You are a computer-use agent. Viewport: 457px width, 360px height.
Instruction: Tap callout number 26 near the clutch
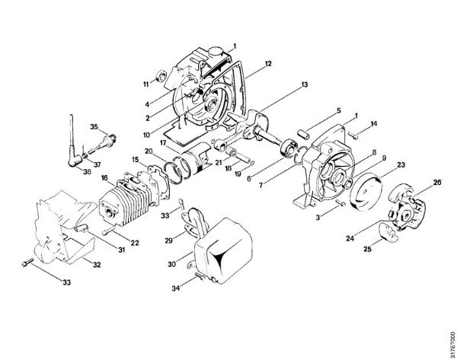tap(437, 183)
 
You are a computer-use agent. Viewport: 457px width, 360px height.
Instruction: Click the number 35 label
tap(94, 126)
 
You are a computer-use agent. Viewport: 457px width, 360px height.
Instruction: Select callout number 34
tap(176, 288)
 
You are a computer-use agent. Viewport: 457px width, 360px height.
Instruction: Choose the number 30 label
tap(172, 264)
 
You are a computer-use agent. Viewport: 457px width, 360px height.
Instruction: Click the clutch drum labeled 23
tap(371, 190)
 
